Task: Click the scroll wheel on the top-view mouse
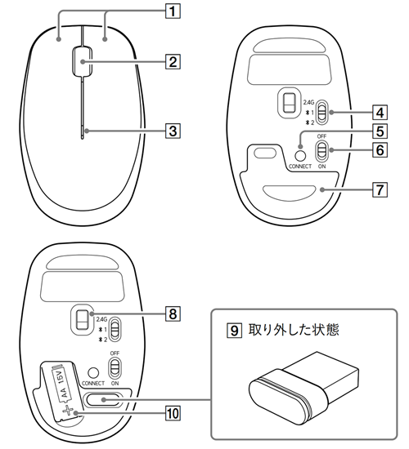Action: pyautogui.click(x=81, y=60)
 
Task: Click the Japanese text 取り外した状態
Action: pyautogui.click(x=291, y=332)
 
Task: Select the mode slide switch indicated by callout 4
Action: pyautogui.click(x=322, y=111)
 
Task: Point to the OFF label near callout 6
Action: pyautogui.click(x=322, y=136)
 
